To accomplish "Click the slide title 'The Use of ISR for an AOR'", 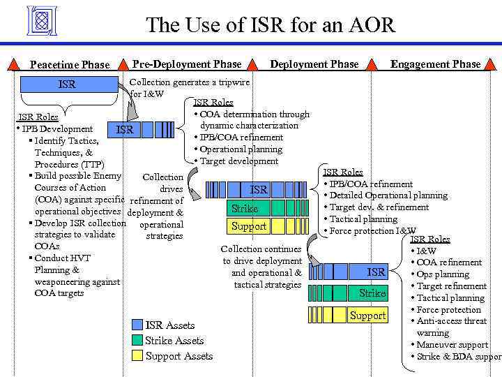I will pos(271,26).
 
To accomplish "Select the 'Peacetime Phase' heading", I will pos(70,65).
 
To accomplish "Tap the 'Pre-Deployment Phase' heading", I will pos(187,64).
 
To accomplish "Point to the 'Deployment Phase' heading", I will pos(314,64).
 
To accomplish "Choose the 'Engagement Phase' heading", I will pos(435,64).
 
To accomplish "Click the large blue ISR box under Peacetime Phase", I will pos(67,84).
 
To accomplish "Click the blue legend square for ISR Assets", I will pos(137,325).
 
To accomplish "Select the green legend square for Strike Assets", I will pos(137,341).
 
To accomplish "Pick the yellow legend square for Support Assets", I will pos(137,356).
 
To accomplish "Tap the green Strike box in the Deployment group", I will pos(245,208).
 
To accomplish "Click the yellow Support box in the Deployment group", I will pos(249,226).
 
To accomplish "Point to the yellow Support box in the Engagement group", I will pos(367,316).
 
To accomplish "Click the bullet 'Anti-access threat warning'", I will pos(452,327).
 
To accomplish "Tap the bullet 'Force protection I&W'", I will pos(372,231).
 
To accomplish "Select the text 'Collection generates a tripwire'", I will pos(190,81).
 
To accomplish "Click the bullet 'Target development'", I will pos(238,161).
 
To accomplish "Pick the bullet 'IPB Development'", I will pos(56,129).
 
